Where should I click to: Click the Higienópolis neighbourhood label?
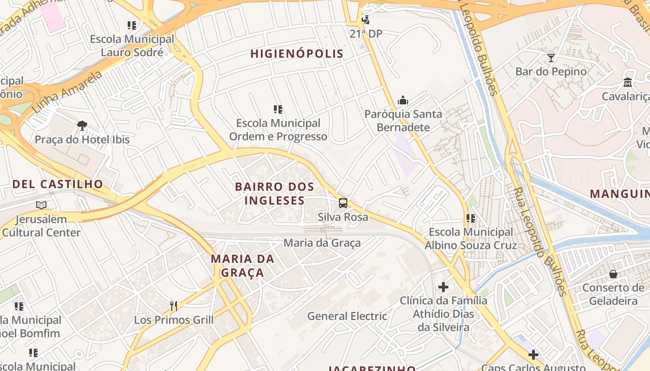(297, 54)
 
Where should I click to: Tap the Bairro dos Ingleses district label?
(274, 193)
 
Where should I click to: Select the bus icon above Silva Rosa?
(343, 203)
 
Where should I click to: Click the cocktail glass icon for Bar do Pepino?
(551, 58)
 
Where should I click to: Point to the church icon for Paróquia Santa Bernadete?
(403, 100)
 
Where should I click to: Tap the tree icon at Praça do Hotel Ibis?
(82, 125)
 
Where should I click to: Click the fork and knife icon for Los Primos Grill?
(174, 306)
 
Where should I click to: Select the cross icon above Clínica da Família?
(443, 287)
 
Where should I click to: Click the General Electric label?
(347, 316)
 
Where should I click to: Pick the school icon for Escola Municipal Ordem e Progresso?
(278, 109)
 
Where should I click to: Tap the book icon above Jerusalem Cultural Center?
(41, 205)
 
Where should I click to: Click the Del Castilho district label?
(58, 184)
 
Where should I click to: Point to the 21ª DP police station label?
(366, 34)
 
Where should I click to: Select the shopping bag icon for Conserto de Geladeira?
(613, 274)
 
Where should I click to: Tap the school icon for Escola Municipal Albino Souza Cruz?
(471, 218)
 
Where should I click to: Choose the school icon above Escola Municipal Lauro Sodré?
(132, 26)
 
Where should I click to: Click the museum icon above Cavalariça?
(628, 83)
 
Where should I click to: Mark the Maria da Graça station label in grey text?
(322, 243)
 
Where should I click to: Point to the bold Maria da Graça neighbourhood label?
(242, 265)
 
